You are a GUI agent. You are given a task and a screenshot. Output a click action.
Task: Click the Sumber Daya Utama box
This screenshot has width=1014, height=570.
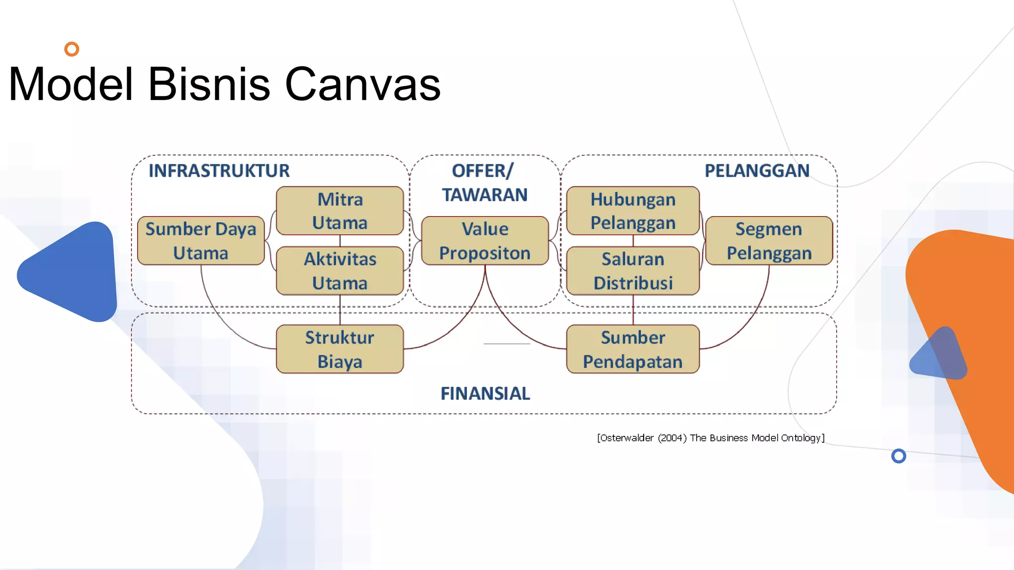click(201, 240)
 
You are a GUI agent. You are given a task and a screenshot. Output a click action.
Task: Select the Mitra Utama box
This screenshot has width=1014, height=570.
click(340, 211)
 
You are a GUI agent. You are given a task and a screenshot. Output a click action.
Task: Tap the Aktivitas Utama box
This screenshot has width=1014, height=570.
click(340, 271)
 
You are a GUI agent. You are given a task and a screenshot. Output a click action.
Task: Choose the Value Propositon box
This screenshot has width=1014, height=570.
click(485, 240)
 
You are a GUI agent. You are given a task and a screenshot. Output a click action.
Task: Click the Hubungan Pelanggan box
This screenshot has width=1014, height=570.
click(633, 211)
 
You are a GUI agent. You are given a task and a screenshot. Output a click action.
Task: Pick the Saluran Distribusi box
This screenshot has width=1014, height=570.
click(633, 271)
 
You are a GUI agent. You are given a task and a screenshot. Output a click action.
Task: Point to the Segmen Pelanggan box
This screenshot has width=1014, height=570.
click(769, 240)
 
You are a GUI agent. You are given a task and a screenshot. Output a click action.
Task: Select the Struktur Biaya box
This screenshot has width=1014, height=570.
click(340, 349)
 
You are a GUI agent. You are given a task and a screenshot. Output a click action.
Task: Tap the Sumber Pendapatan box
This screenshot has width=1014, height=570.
click(633, 349)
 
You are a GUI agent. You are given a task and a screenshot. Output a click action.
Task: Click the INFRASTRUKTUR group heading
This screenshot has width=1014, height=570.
click(219, 171)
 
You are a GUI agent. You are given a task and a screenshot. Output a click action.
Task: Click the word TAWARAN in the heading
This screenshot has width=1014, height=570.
click(485, 195)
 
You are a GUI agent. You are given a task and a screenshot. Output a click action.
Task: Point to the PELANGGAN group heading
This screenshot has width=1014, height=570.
click(757, 171)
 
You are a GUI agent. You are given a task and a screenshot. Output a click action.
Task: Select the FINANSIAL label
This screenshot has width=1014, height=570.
click(485, 394)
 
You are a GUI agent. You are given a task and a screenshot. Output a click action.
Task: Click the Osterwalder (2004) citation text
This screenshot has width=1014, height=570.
click(710, 438)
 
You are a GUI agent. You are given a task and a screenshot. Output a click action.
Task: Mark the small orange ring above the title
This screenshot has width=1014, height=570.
click(72, 49)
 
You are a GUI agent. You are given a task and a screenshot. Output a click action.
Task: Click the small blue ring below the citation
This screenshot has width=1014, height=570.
click(898, 456)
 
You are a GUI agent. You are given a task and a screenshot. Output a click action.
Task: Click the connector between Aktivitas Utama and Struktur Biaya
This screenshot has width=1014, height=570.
click(340, 310)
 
